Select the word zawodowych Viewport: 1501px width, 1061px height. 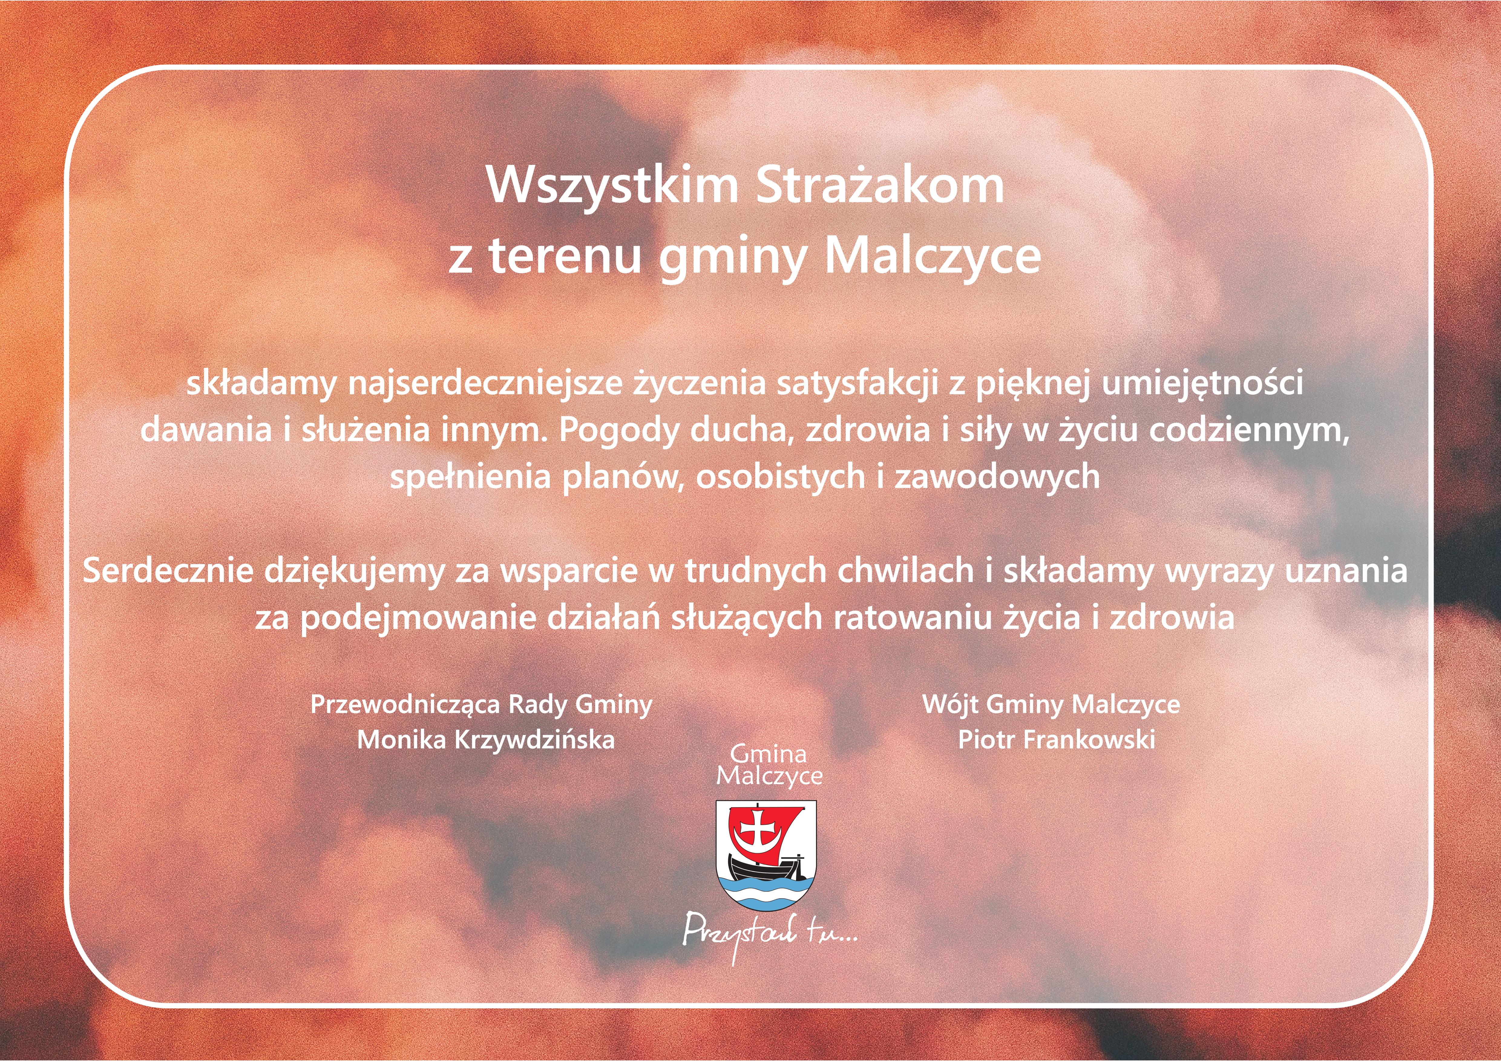click(x=997, y=476)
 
